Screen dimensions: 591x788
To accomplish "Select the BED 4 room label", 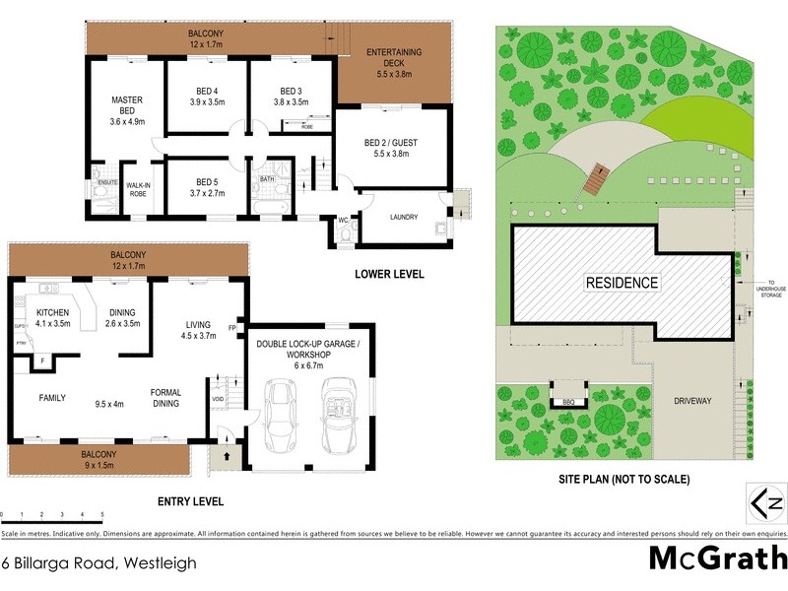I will [207, 96].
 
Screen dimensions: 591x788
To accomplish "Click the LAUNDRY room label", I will [404, 218].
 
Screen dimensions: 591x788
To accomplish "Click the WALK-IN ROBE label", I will [139, 189].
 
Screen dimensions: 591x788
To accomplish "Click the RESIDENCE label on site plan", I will [622, 283].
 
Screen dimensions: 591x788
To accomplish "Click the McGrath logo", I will [717, 558].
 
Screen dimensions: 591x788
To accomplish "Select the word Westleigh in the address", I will [159, 563].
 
